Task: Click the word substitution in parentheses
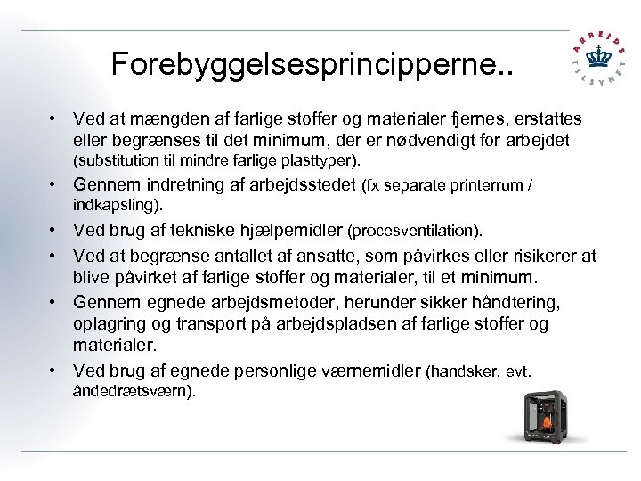pos(114,161)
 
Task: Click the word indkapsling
pos(116,205)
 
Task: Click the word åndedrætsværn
pos(131,392)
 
